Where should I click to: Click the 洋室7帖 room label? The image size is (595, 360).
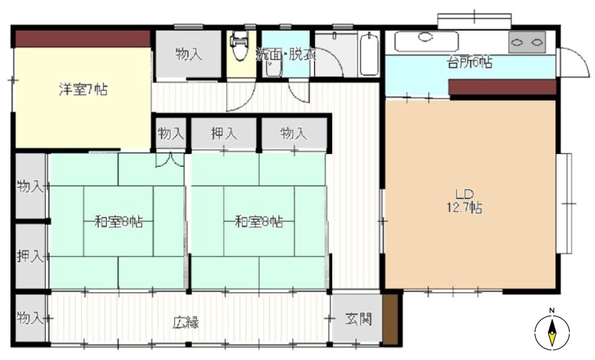(x=83, y=90)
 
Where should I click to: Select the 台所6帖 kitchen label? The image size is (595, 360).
(x=470, y=62)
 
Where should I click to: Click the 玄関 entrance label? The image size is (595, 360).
(x=358, y=319)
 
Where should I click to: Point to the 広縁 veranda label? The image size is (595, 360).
(x=185, y=323)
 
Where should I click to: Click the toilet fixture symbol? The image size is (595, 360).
(x=239, y=46)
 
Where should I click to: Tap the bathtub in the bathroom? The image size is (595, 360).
(x=369, y=54)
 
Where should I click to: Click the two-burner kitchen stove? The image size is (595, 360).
(x=527, y=42)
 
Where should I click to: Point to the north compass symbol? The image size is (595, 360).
(x=552, y=330)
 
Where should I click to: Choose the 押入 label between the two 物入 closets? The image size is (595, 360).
(x=224, y=133)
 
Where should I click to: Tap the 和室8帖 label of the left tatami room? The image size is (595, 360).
(x=118, y=221)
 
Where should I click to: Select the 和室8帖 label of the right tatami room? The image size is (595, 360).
(x=259, y=221)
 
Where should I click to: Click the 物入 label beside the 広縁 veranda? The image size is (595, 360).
(x=30, y=317)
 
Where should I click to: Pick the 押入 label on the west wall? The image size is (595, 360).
(x=30, y=256)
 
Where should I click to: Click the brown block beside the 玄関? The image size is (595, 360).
(x=390, y=317)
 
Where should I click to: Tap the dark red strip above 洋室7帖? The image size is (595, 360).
(x=82, y=39)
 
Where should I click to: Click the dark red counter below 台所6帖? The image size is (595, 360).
(x=502, y=87)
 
